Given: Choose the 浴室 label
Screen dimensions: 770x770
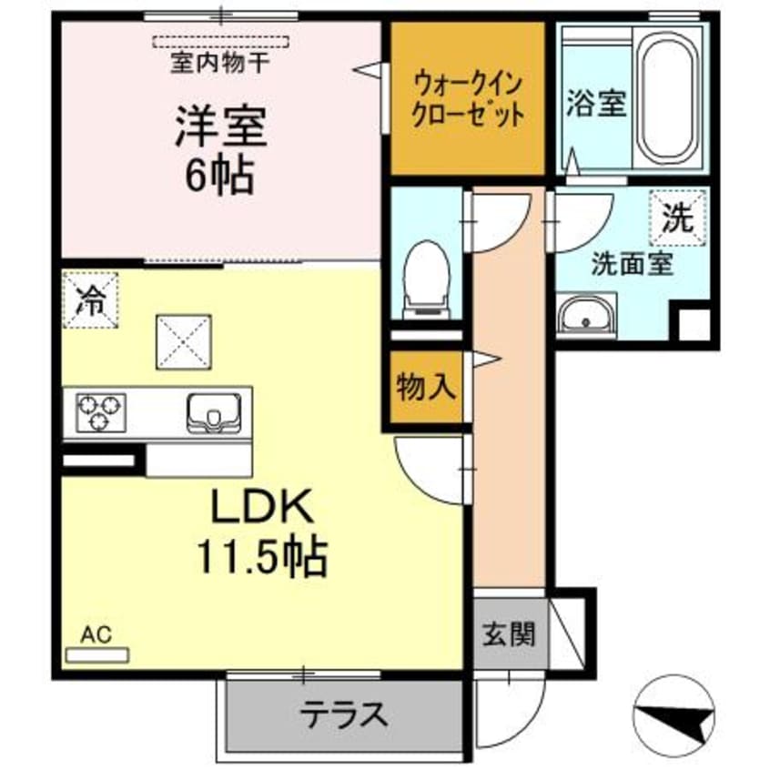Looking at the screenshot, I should coord(596,103).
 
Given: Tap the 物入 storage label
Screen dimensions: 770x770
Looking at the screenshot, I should coord(424,387).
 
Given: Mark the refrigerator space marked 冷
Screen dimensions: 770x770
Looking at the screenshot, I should coord(90,299).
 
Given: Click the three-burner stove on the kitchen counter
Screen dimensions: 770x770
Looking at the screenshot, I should coord(99,410).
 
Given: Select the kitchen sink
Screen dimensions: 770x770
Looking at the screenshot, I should coord(215,410).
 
